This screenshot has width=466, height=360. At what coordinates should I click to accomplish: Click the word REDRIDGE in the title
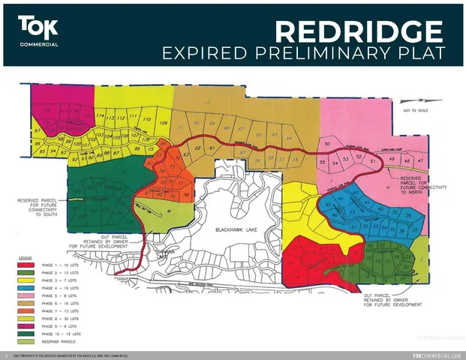point(358,31)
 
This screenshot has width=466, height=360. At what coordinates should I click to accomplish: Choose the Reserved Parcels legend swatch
point(28,340)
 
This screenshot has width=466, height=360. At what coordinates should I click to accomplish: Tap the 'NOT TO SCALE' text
point(418,111)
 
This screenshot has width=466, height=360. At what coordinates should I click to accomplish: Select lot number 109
point(164,122)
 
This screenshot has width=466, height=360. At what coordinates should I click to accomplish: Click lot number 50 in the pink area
point(326,143)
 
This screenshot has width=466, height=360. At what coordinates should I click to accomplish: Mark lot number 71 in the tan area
point(181,128)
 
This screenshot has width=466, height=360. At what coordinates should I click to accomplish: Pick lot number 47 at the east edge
point(420,160)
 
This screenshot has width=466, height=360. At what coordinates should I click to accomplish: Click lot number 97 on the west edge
point(37,130)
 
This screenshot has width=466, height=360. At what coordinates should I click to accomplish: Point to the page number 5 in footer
point(5,355)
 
